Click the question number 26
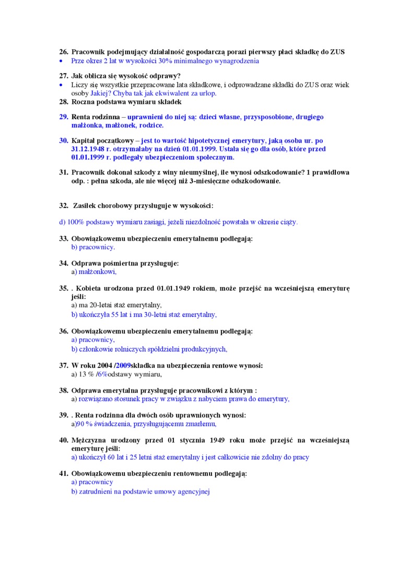point(63,52)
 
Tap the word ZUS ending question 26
point(337,52)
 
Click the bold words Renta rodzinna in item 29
point(92,117)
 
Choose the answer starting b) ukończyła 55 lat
point(144,315)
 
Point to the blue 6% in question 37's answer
point(103,374)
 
